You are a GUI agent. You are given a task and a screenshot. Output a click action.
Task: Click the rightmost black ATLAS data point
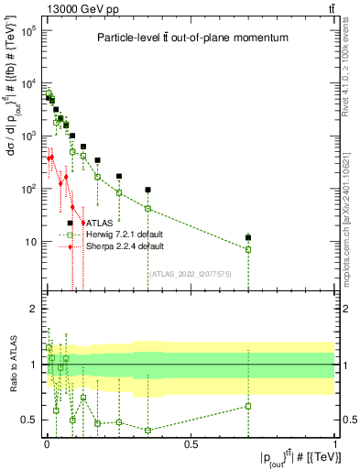pyautogui.click(x=248, y=238)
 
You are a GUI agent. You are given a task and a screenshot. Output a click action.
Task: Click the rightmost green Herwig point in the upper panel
pyautogui.click(x=248, y=249)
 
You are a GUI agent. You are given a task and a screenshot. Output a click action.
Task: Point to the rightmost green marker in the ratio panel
pyautogui.click(x=248, y=406)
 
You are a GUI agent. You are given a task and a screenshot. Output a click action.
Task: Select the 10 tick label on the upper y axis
pyautogui.click(x=31, y=242)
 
